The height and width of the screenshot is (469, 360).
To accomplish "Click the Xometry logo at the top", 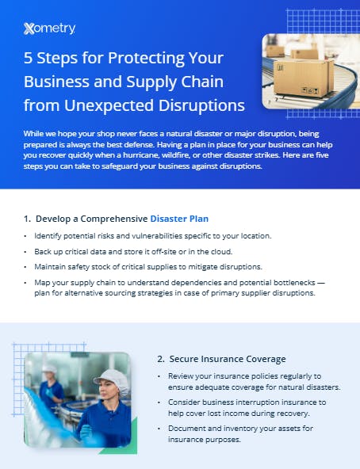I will click(x=49, y=29).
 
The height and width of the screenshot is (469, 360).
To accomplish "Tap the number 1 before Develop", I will click(x=26, y=218).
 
